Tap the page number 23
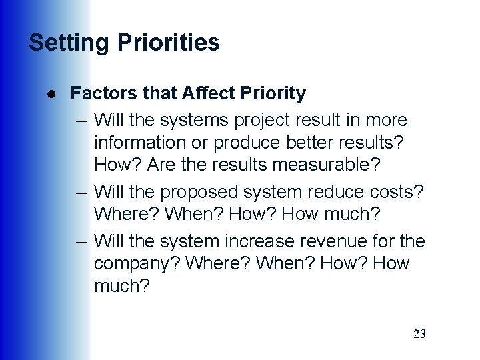coord(419,334)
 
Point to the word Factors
coord(100,93)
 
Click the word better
coord(305,143)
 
